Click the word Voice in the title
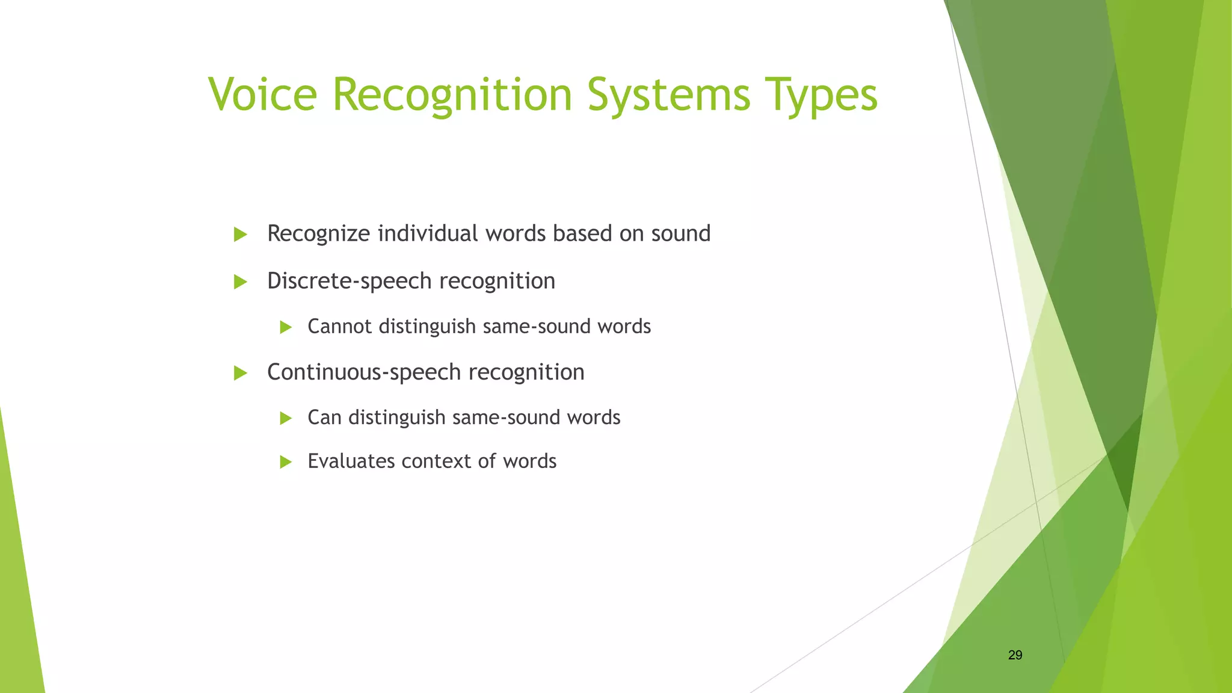262,94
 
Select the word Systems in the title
669,94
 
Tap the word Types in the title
822,94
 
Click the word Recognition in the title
452,94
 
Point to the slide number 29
1015,655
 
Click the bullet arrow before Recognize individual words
241,235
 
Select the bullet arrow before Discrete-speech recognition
241,282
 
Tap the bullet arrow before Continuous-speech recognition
241,373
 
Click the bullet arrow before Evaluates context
286,462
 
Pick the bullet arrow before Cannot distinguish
286,327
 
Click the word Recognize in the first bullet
318,233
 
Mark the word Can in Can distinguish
325,417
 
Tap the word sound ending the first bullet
681,233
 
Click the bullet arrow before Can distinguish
286,418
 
